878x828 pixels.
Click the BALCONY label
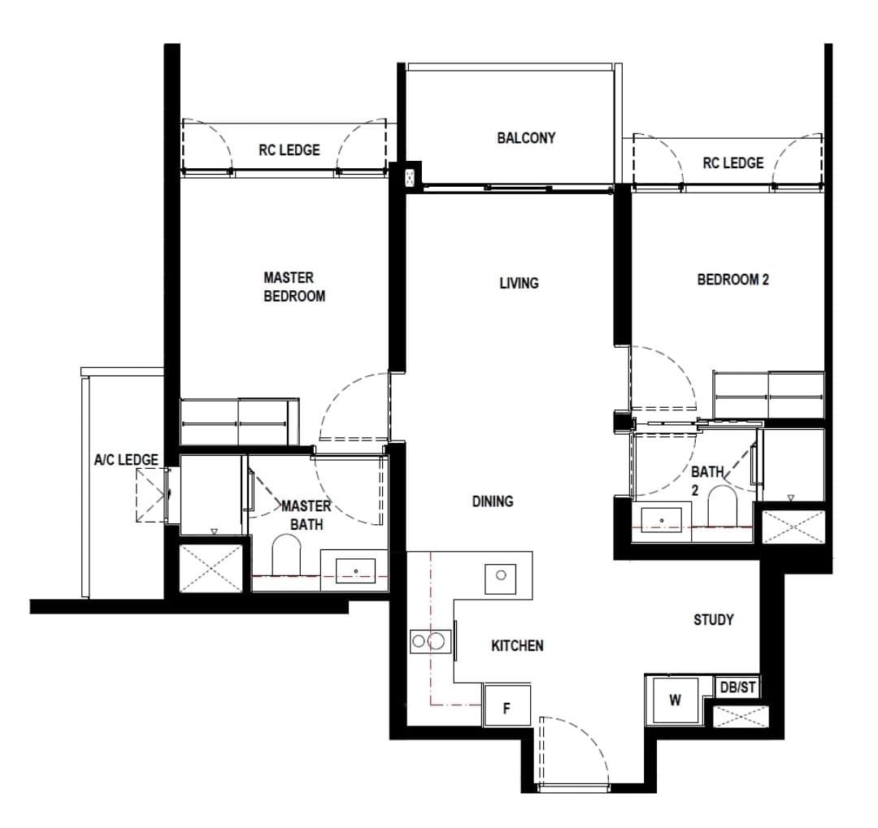tap(526, 137)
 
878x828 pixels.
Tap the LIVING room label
tap(519, 283)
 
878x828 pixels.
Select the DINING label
tap(493, 501)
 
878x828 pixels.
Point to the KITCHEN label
tap(517, 645)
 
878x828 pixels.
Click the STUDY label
tap(714, 620)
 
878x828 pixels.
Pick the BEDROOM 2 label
tap(733, 280)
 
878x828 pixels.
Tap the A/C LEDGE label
tap(126, 460)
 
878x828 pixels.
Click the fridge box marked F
tap(506, 705)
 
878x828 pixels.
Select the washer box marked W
tap(676, 700)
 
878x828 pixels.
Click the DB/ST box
tap(737, 687)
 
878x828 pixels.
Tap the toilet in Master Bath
tap(286, 554)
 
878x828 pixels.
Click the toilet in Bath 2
tap(722, 505)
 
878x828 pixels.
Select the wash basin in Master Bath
tap(355, 570)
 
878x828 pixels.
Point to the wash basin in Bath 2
tap(661, 520)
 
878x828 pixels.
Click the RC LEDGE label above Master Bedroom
tap(289, 150)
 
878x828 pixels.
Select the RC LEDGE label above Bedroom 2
tap(733, 163)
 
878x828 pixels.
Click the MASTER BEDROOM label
tap(294, 287)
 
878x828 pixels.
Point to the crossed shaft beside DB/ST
tap(741, 717)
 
